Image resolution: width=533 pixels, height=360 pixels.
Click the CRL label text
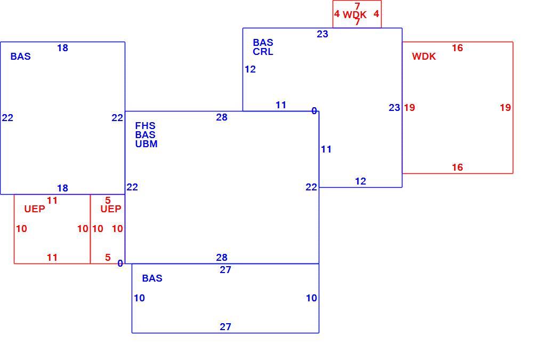click(x=263, y=52)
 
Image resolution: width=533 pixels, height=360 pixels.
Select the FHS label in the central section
click(x=145, y=125)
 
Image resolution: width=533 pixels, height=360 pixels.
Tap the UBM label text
click(x=146, y=144)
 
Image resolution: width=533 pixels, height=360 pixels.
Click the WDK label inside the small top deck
click(x=354, y=14)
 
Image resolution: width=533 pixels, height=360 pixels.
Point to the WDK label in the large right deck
click(x=424, y=57)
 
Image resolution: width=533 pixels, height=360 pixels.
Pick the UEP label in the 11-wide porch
click(x=35, y=209)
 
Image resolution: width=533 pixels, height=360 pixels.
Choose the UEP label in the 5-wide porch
click(x=111, y=209)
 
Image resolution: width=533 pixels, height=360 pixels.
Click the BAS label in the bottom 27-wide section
click(x=152, y=278)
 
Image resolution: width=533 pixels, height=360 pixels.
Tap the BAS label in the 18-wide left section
click(x=20, y=57)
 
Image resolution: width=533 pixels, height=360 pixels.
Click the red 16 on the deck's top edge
click(x=457, y=48)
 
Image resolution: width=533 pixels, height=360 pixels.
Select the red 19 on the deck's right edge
click(x=505, y=108)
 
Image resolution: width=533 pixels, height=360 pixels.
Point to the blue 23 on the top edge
click(x=322, y=34)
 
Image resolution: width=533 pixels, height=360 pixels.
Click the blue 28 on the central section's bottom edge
click(x=222, y=258)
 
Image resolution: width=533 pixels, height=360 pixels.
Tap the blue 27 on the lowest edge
click(x=225, y=327)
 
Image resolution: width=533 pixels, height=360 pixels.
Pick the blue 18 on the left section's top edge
click(x=62, y=48)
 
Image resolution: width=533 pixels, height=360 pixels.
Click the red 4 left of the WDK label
click(x=337, y=14)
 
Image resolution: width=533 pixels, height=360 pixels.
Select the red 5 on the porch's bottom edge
click(x=108, y=258)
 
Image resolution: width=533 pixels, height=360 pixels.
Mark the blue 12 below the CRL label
click(x=250, y=69)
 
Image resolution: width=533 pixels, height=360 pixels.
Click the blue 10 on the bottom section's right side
click(x=311, y=298)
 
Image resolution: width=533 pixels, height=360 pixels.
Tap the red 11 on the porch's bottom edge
click(x=52, y=258)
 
